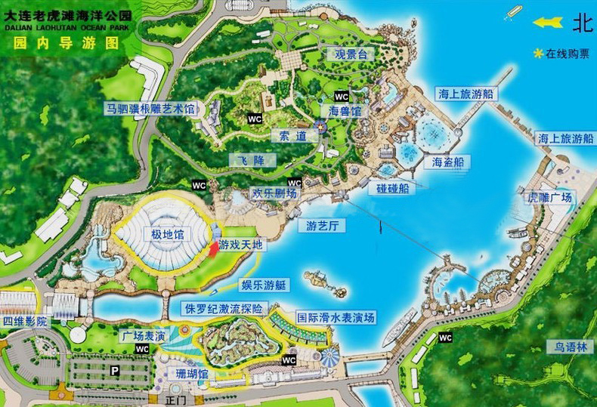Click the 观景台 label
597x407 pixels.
point(351,54)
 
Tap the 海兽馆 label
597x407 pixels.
point(345,111)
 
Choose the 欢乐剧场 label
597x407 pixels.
point(274,193)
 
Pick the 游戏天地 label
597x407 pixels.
point(243,245)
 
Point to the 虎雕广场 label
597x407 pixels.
point(549,198)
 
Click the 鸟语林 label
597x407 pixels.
point(571,348)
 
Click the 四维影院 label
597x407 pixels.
point(25,321)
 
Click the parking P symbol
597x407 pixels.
point(115,371)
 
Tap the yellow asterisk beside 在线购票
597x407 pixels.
point(538,54)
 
